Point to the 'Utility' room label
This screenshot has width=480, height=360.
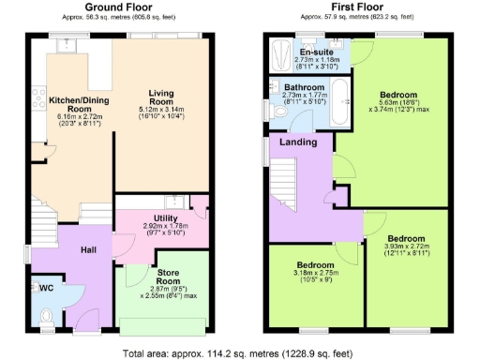[154, 217]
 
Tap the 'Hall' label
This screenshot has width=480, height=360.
[89, 250]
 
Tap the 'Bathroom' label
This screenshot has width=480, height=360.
[304, 85]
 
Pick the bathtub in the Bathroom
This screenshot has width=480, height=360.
[343, 101]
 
